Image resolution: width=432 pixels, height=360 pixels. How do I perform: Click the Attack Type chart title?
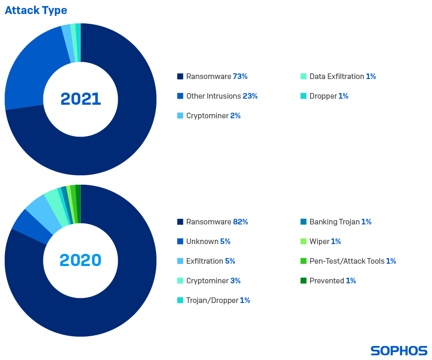pos(36,10)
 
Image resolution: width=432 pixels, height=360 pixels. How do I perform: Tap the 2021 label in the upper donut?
pos(81,99)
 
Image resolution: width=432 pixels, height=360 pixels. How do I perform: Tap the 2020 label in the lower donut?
pos(80,260)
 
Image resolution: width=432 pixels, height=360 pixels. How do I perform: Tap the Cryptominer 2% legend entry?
pos(213,115)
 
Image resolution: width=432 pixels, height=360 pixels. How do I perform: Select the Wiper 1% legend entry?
pos(325,241)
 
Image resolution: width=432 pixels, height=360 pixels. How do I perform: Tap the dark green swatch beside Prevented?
pos(304,281)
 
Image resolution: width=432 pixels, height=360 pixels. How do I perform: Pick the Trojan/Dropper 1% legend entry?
pos(218,300)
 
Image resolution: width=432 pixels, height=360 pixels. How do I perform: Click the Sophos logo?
pos(399,351)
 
